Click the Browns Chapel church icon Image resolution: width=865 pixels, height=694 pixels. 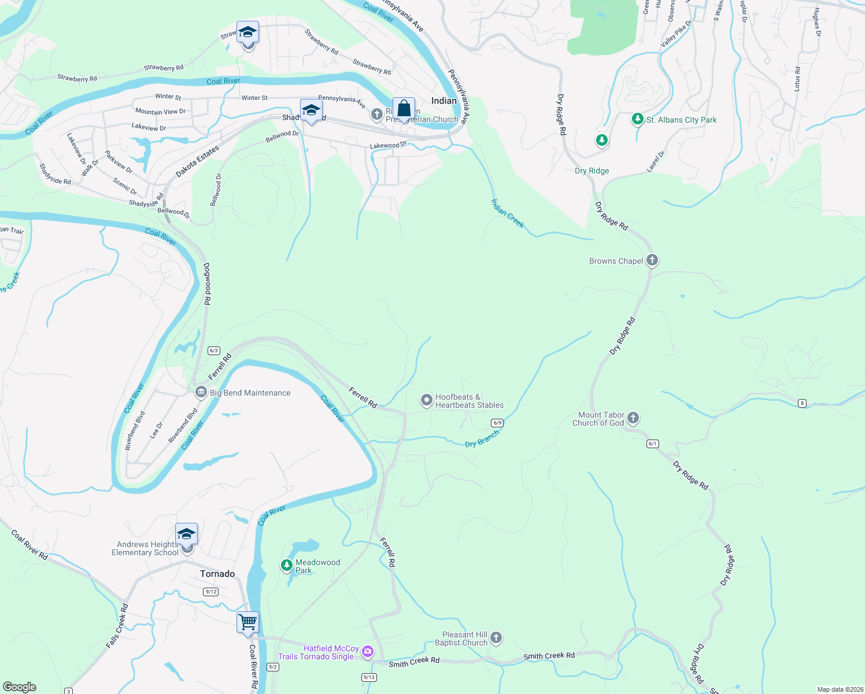[x=652, y=260]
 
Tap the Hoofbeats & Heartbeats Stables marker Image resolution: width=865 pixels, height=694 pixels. [x=426, y=400]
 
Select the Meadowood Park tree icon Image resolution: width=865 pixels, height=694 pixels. [x=286, y=565]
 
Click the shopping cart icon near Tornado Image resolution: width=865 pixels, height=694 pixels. [x=247, y=622]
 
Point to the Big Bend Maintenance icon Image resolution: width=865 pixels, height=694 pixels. [x=201, y=392]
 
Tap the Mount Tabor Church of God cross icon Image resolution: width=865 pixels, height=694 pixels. [x=633, y=418]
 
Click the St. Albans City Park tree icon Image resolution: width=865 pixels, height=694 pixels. [x=638, y=119]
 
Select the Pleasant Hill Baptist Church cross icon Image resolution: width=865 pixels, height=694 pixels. [x=496, y=638]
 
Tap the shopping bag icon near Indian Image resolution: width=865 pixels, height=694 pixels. [x=404, y=109]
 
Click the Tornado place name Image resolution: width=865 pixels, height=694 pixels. [x=217, y=574]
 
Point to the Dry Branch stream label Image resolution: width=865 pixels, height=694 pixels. [x=482, y=439]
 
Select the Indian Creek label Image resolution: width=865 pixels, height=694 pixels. [x=507, y=213]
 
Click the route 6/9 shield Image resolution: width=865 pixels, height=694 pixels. [x=497, y=423]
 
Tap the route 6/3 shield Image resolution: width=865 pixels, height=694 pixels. [x=214, y=350]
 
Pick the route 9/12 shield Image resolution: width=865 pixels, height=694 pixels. [x=211, y=591]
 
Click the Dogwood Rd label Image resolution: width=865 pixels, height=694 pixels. [x=208, y=284]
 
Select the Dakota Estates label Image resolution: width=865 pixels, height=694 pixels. [x=198, y=161]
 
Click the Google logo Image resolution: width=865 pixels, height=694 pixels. [x=20, y=687]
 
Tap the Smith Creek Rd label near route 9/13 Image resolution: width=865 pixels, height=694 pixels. [x=414, y=662]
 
